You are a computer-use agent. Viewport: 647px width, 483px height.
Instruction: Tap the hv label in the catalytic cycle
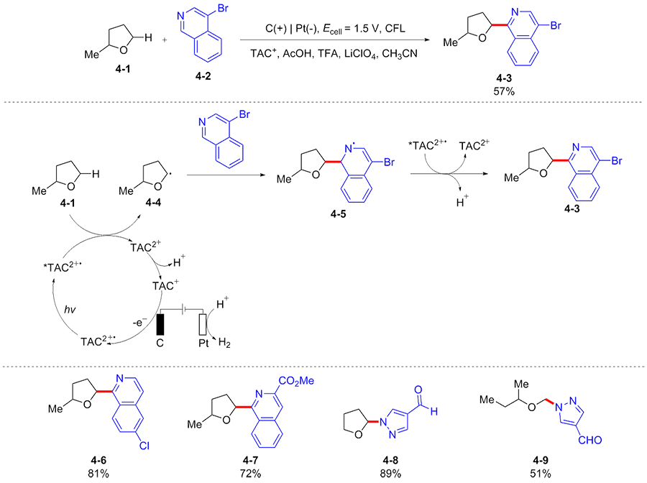point(67,310)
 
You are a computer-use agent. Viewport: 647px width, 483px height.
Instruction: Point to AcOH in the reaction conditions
point(294,53)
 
